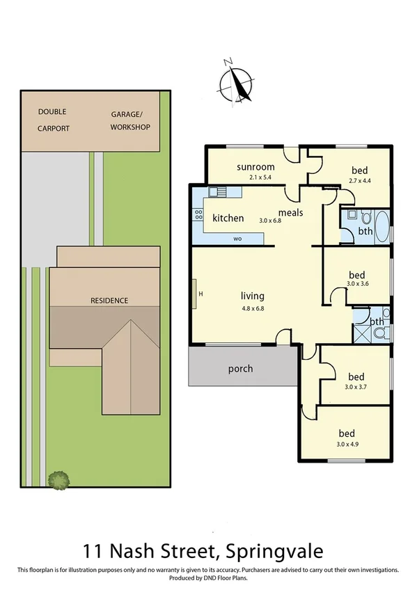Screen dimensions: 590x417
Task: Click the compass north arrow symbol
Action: click(235, 83)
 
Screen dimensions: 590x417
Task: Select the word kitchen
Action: click(228, 218)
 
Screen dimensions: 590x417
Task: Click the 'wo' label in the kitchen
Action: click(237, 239)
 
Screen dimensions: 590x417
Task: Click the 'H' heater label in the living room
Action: click(200, 294)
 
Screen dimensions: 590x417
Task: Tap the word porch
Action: click(240, 369)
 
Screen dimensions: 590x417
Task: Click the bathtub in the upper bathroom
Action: click(383, 225)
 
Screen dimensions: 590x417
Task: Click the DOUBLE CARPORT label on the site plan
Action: click(54, 119)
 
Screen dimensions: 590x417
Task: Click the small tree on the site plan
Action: click(58, 479)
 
